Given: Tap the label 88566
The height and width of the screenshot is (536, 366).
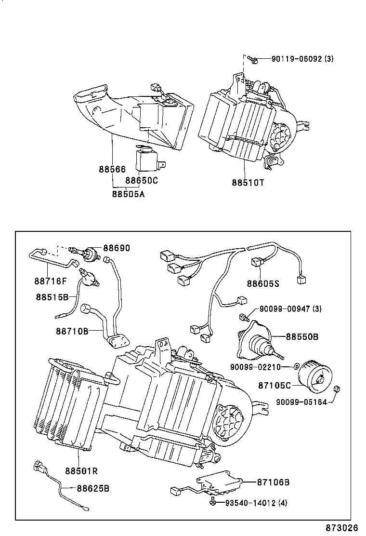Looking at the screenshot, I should (112, 169).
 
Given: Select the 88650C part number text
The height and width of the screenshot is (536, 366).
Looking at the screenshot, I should (142, 181).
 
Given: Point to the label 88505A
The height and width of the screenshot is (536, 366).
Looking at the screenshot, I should (129, 194).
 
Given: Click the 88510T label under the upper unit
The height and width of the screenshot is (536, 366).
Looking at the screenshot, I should (248, 183).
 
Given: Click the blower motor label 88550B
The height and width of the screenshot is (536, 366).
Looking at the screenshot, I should (302, 336).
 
